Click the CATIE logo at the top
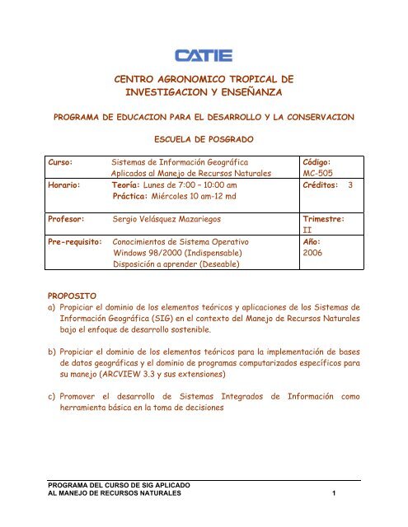coord(204,56)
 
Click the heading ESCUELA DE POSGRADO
coord(204,140)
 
